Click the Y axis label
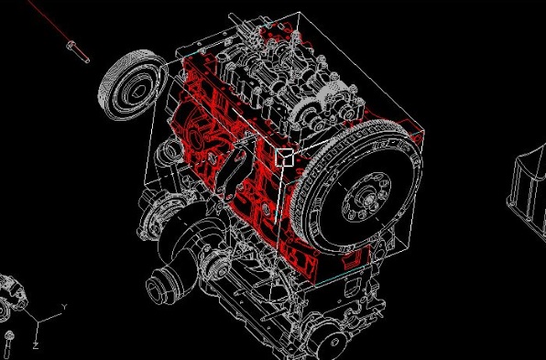click(64, 307)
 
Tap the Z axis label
click(36, 345)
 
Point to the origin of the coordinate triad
click(38, 322)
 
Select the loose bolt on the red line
click(78, 52)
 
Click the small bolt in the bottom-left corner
click(9, 341)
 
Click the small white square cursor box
click(285, 158)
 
